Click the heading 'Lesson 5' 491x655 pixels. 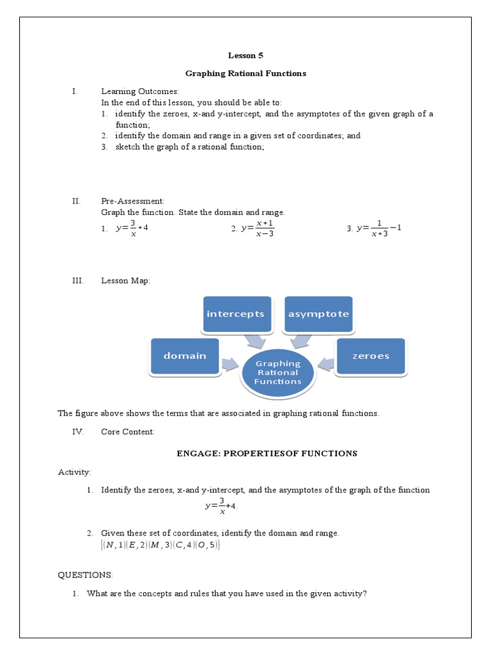tap(245, 56)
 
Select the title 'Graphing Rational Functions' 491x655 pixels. tap(245, 74)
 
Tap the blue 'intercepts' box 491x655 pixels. tap(235, 314)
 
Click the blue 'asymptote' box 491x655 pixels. tap(318, 314)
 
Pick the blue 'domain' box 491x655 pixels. tap(185, 356)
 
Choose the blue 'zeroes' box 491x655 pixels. tap(370, 356)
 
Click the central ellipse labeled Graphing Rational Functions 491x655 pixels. tap(277, 372)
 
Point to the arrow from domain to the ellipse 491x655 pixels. tap(230, 365)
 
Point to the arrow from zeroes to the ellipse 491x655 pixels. tap(326, 365)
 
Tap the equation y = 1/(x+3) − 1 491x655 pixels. tap(378, 228)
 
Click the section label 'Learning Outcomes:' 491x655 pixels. tap(140, 91)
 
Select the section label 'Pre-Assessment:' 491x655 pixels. tap(132, 201)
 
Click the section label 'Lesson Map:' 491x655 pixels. tap(125, 281)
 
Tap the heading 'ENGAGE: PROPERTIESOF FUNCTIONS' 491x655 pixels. tap(267, 454)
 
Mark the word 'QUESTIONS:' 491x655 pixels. tap(85, 575)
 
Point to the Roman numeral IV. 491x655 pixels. tap(78, 432)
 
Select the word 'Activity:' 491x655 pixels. tap(75, 472)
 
